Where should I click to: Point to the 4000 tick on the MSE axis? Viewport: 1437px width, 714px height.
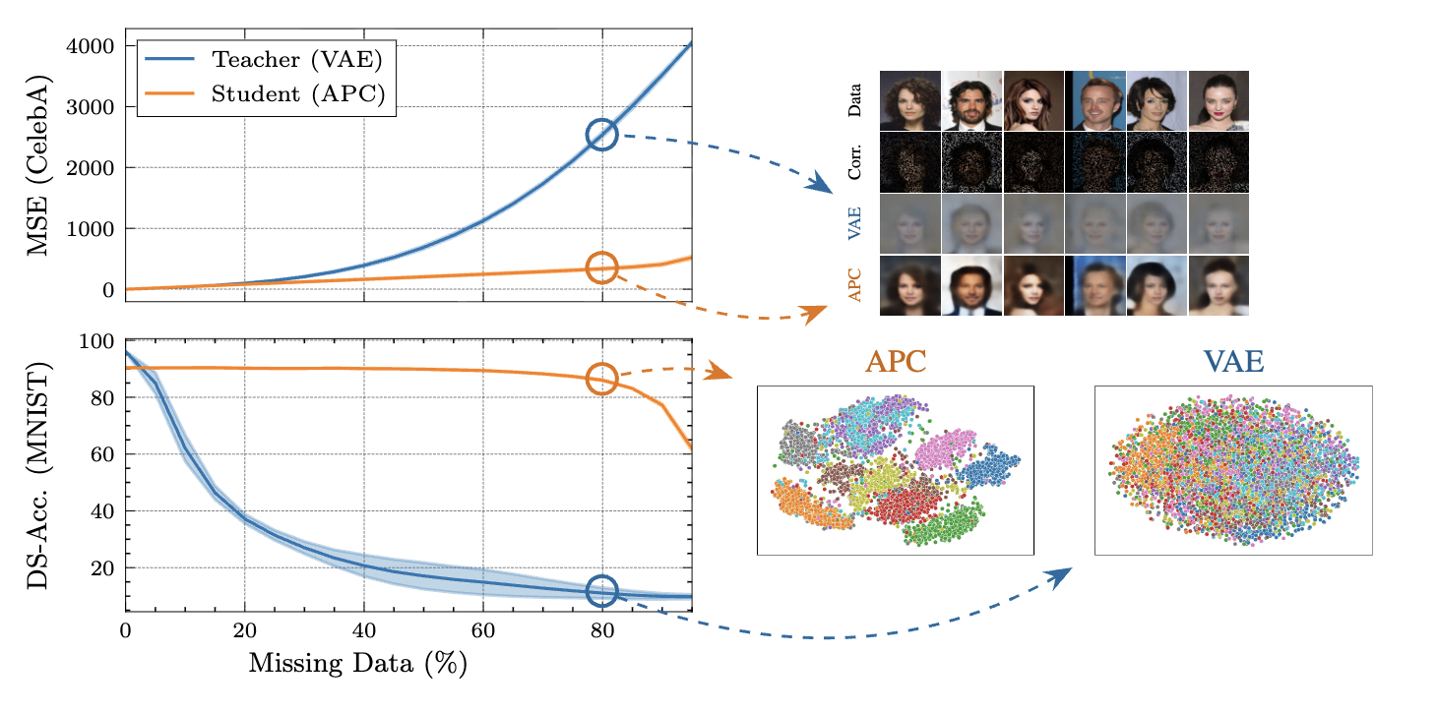click(x=91, y=46)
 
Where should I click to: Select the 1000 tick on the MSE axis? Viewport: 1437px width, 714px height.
click(x=91, y=229)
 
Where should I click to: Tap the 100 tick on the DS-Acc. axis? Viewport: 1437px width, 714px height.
click(x=99, y=342)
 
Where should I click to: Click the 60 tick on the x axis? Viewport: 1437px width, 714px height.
click(x=483, y=630)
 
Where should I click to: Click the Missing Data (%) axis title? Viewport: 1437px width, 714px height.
click(x=356, y=664)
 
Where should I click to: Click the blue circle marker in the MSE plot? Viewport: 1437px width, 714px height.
click(x=602, y=136)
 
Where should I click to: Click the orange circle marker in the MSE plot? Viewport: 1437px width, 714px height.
click(x=602, y=268)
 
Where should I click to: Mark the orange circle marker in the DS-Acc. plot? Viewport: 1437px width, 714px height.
click(x=602, y=379)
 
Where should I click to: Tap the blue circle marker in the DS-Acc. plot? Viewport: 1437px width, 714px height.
click(x=602, y=590)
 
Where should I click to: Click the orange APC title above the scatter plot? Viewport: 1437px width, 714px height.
click(x=895, y=362)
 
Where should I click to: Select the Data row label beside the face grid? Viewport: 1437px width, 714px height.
click(x=854, y=101)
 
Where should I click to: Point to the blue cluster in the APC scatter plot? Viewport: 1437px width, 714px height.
click(x=988, y=467)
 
